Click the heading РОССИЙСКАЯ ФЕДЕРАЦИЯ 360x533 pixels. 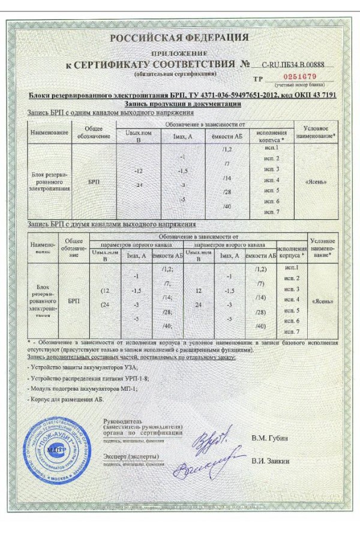click(179, 37)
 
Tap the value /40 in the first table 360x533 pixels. click(227, 206)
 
